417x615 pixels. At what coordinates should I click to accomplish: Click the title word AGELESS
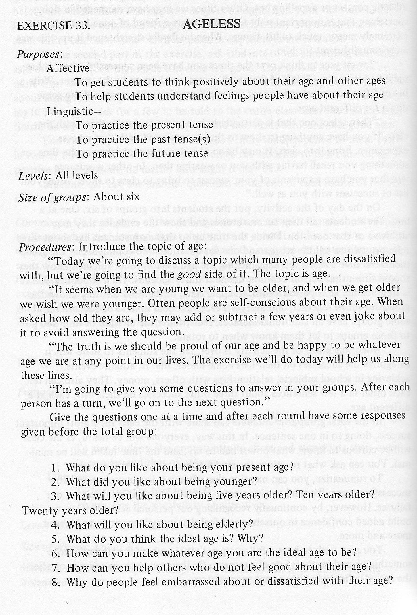click(x=212, y=24)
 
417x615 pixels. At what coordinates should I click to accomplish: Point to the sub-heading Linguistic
click(x=69, y=111)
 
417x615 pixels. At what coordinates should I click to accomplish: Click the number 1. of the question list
click(x=55, y=468)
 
